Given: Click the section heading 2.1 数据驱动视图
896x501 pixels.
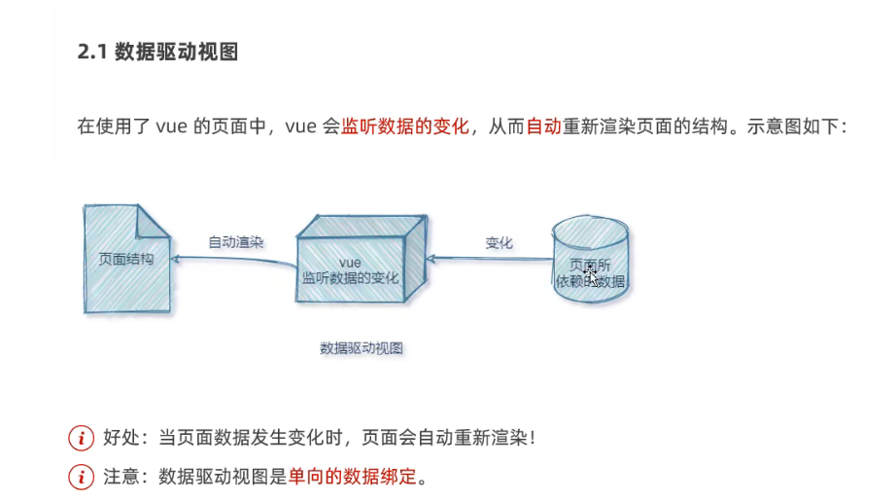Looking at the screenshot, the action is (x=157, y=54).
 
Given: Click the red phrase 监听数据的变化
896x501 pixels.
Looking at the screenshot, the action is (x=405, y=127).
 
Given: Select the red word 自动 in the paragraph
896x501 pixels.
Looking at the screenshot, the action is (x=543, y=127).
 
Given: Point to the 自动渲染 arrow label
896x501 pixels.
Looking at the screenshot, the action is (x=236, y=242).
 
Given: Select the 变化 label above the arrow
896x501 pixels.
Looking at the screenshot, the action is (x=499, y=243).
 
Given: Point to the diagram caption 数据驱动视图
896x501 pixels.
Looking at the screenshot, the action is (x=361, y=347).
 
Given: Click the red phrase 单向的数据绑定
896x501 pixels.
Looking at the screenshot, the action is (x=357, y=477).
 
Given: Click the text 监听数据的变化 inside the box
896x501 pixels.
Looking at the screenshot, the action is (x=350, y=278).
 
